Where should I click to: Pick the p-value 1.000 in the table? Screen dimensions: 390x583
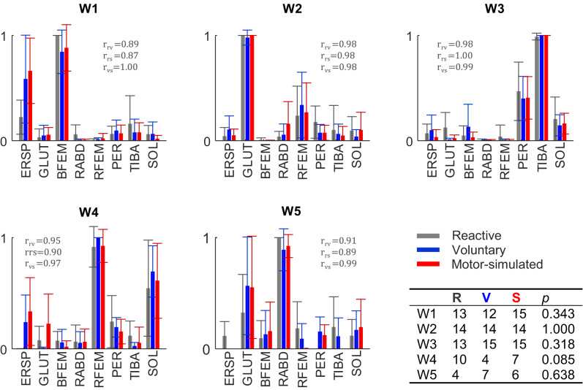(x=549, y=328)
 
